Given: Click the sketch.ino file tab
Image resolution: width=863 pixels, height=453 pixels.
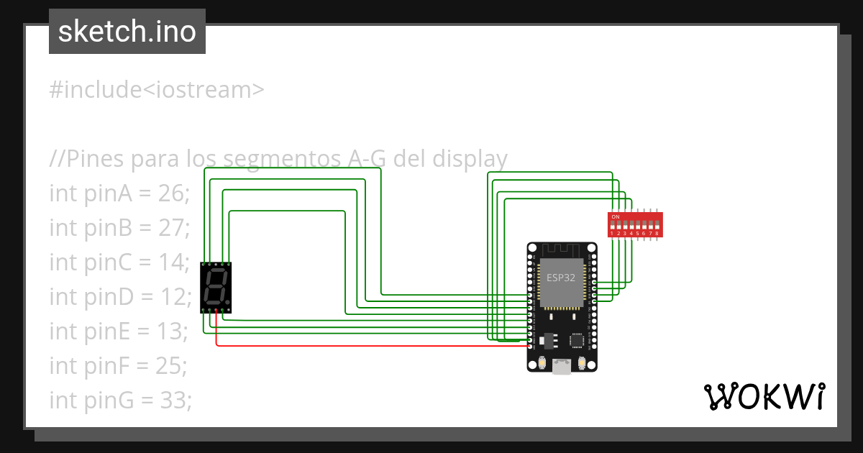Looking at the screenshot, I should click(x=127, y=32).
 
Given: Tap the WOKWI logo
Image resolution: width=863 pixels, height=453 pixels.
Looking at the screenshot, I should click(x=764, y=396).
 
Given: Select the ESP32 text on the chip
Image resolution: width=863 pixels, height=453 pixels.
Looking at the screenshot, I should click(x=561, y=278).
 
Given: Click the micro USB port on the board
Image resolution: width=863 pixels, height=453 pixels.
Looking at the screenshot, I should click(x=562, y=367).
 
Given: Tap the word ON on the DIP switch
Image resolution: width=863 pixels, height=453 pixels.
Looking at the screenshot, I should click(x=615, y=216).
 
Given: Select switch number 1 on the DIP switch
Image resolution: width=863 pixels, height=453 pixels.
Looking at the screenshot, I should click(x=613, y=225).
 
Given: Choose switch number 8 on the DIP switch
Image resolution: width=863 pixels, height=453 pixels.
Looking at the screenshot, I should click(x=657, y=225).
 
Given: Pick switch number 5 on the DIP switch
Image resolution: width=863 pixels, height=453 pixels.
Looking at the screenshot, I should click(x=638, y=225).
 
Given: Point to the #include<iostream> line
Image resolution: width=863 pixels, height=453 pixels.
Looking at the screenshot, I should click(x=157, y=90).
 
